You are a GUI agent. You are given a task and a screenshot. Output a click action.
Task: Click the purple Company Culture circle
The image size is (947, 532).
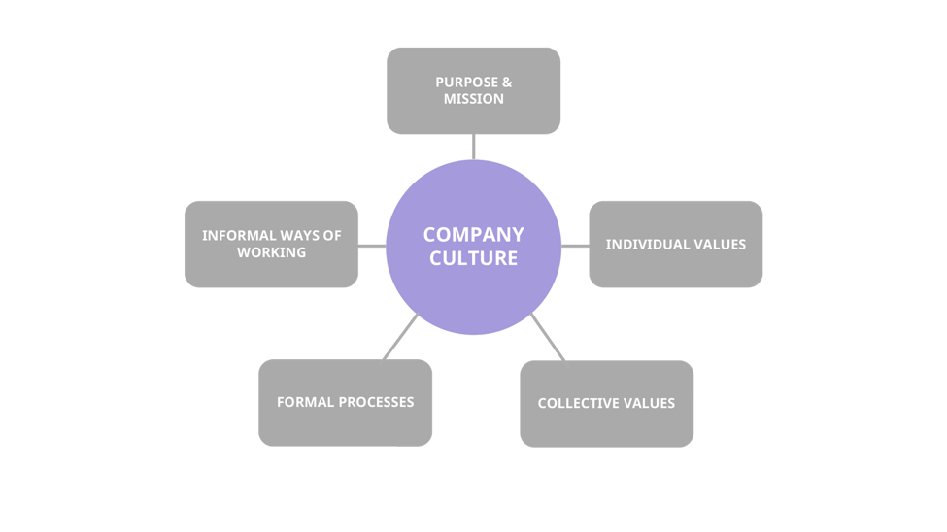coord(473,291)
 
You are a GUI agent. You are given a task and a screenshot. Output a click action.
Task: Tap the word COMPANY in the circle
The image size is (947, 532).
coord(473,234)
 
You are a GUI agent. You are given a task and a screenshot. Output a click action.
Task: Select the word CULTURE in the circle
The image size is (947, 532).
coord(473,258)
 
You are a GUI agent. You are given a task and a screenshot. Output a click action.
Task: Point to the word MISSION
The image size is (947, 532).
coord(473,99)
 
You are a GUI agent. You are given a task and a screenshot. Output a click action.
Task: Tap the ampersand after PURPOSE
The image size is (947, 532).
coord(507,83)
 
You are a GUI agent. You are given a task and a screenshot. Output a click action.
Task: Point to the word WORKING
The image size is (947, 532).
coord(271,252)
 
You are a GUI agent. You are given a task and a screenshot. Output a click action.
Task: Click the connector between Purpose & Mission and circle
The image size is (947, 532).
coord(473,147)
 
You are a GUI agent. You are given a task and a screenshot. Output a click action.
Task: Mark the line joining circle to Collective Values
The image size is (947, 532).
coord(548,337)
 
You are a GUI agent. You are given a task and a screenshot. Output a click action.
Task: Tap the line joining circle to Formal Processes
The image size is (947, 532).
coord(400,336)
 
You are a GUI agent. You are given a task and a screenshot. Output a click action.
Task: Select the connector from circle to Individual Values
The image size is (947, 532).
coord(575,246)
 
